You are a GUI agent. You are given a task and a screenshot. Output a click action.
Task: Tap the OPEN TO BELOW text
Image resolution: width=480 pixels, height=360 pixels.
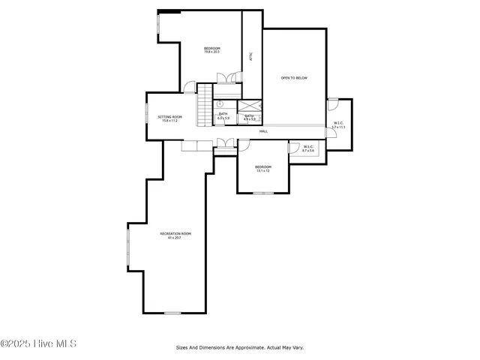[x=294, y=77]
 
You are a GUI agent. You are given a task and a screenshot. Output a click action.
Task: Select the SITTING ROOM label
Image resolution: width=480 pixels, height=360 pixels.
[x=169, y=117]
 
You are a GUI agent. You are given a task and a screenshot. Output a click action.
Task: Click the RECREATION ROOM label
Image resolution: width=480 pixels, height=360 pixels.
[x=175, y=233]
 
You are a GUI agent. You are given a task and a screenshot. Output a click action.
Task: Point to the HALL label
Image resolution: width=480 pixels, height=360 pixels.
[x=263, y=131]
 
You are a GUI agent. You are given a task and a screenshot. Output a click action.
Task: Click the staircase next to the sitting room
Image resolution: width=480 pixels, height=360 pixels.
[x=205, y=106]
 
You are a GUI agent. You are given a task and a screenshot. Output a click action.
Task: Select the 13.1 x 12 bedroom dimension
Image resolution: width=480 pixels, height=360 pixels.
[x=262, y=171]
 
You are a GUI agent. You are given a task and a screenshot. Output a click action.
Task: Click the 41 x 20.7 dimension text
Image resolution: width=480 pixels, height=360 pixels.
[x=175, y=238]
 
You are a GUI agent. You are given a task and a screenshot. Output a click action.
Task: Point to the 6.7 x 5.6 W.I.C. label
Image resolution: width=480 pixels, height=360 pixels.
[x=309, y=148]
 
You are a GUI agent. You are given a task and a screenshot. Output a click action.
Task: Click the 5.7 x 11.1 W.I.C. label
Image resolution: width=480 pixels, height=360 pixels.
[x=338, y=125]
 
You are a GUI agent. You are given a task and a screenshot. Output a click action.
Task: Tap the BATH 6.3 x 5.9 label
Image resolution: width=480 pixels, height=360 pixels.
[x=223, y=116]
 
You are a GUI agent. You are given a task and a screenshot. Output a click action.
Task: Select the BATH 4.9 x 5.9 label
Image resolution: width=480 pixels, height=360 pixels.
[x=249, y=117]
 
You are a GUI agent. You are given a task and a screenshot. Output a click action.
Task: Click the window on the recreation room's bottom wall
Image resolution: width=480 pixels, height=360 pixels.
[x=172, y=313]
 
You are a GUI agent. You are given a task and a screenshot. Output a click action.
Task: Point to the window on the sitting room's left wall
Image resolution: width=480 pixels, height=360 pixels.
[x=147, y=117]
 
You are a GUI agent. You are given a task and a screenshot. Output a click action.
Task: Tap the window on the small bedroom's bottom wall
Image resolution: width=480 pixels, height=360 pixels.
[x=262, y=193]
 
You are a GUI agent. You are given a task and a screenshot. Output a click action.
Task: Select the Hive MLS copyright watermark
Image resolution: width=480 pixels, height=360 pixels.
[x=38, y=344]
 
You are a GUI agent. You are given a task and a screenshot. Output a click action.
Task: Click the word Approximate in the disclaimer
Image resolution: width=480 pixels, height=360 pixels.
[x=241, y=347]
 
